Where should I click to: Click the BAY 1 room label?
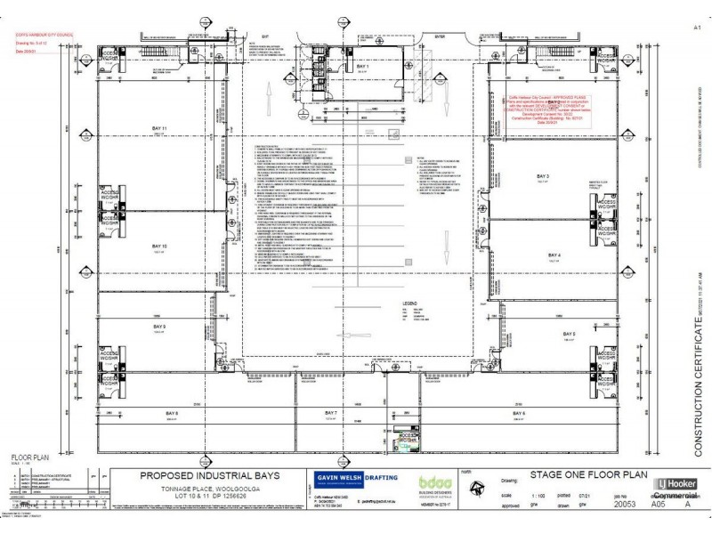pyautogui.click(x=361, y=67)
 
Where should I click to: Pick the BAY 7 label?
pyautogui.click(x=331, y=389)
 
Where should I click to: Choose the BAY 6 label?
pyautogui.click(x=518, y=389)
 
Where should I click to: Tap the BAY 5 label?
pyautogui.click(x=568, y=333)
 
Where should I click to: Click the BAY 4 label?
pyautogui.click(x=554, y=255)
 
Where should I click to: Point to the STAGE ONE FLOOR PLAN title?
pyautogui.click(x=574, y=474)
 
